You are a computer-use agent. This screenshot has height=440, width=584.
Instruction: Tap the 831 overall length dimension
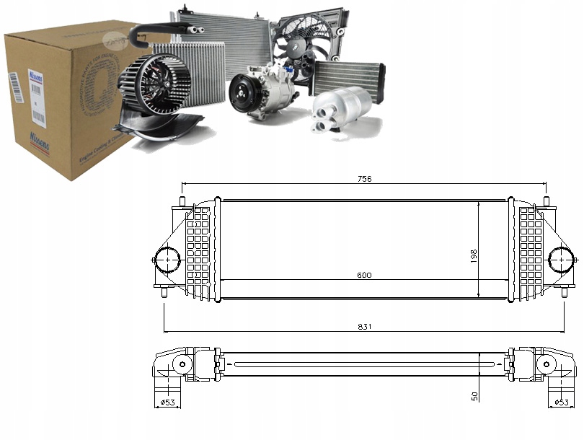(365, 327)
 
